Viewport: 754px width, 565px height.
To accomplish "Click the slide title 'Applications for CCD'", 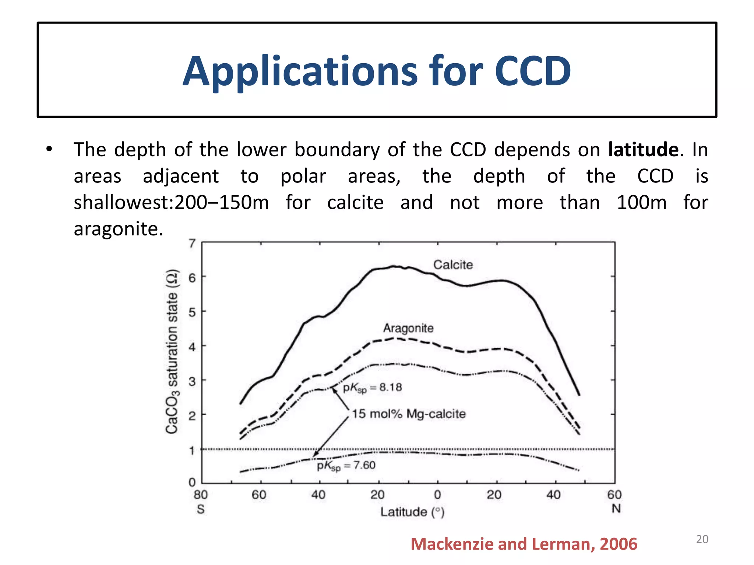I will [x=377, y=71].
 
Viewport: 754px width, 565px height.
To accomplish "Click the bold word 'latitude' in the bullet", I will [x=643, y=150].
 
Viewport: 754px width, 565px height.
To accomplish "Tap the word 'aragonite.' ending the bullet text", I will [x=118, y=229].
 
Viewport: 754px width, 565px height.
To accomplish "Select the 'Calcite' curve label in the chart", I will [x=453, y=264].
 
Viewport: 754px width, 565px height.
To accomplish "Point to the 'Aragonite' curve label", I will [x=408, y=328].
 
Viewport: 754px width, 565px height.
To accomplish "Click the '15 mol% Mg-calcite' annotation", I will [x=409, y=414].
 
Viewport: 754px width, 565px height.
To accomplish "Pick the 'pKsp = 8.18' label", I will [x=372, y=388].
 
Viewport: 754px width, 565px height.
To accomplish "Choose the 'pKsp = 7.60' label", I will [x=346, y=466].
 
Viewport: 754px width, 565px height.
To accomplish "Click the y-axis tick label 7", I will [x=192, y=244].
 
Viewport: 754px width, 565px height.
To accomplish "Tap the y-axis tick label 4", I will [x=192, y=347].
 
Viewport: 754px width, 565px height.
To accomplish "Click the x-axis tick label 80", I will [x=201, y=495].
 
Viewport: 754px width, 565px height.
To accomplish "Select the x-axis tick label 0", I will [x=437, y=495].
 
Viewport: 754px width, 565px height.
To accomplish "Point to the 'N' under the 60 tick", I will [x=616, y=509].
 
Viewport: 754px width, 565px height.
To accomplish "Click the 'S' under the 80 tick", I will [x=201, y=509].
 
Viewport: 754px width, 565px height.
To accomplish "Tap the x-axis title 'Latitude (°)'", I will [x=412, y=512].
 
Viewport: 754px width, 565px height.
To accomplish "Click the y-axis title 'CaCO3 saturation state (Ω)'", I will [x=172, y=351].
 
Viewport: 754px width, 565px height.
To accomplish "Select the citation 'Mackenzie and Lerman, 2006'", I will [x=524, y=544].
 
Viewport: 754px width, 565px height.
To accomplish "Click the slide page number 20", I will [x=702, y=539].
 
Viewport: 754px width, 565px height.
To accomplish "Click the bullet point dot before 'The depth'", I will [x=49, y=149].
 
